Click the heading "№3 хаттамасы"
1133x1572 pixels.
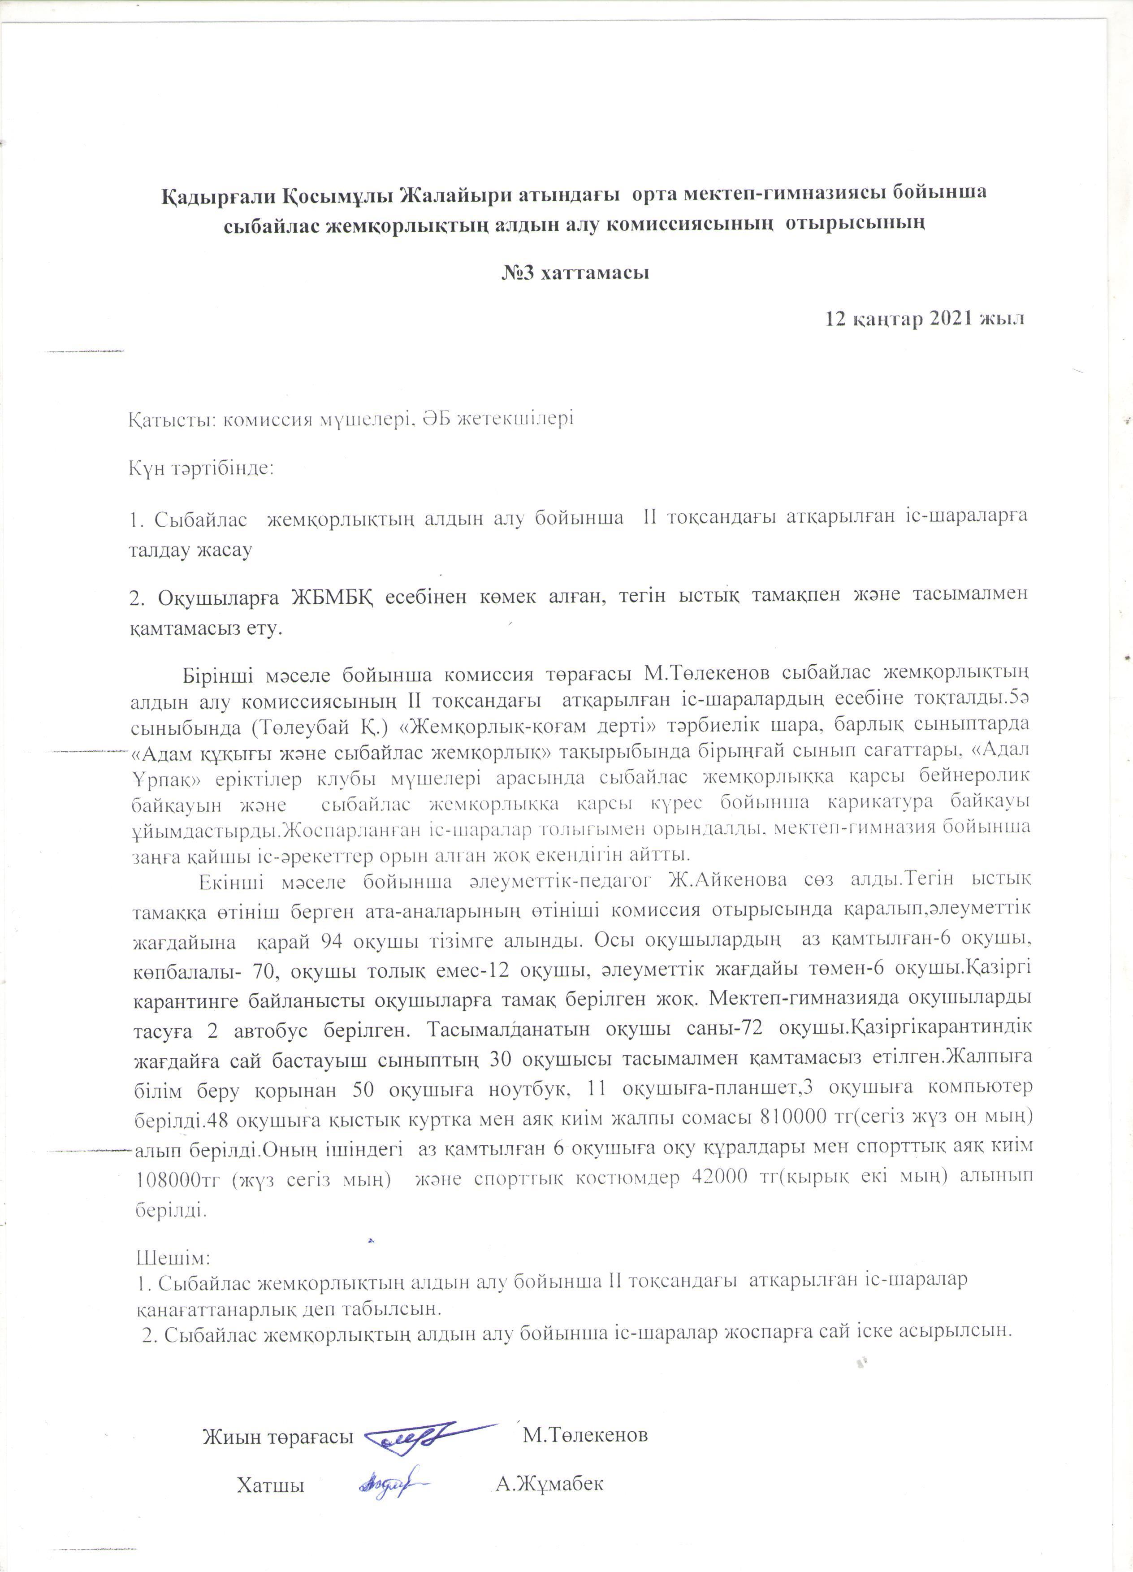575,273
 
